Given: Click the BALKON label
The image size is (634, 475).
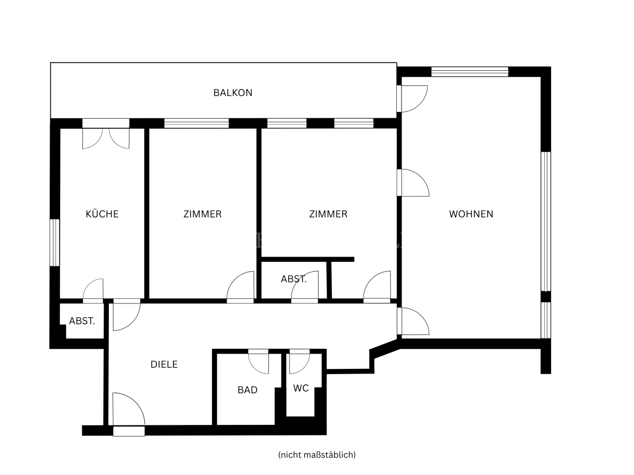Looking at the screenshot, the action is (232, 92).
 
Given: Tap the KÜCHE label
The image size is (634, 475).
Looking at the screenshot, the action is (102, 214).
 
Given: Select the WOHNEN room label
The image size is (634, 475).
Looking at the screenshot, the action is (471, 214).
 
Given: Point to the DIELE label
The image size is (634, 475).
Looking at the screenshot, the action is (164, 364).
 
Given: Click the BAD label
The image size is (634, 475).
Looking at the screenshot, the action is (247, 390).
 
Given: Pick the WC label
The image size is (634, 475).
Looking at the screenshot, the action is (301, 388).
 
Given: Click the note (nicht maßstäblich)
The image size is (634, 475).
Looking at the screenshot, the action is (317, 455).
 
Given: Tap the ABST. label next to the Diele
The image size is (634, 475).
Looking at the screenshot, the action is (82, 321).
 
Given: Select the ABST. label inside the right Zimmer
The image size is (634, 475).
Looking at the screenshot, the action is (294, 279).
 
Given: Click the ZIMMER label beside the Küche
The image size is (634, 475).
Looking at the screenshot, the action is (202, 214).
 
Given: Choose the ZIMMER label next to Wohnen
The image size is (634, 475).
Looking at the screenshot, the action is (328, 214).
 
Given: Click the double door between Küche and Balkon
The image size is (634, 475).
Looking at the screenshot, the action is (106, 134).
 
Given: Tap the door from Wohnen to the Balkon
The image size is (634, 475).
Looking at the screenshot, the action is (412, 99).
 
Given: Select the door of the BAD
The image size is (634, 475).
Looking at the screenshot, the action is (258, 362).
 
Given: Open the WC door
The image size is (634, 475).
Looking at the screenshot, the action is (300, 362).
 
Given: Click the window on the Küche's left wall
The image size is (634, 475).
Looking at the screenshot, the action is (54, 242).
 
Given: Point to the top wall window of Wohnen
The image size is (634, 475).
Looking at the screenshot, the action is (470, 72).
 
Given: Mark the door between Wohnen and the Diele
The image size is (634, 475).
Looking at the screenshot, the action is (413, 321).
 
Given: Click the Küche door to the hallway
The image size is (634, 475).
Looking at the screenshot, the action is (93, 291).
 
